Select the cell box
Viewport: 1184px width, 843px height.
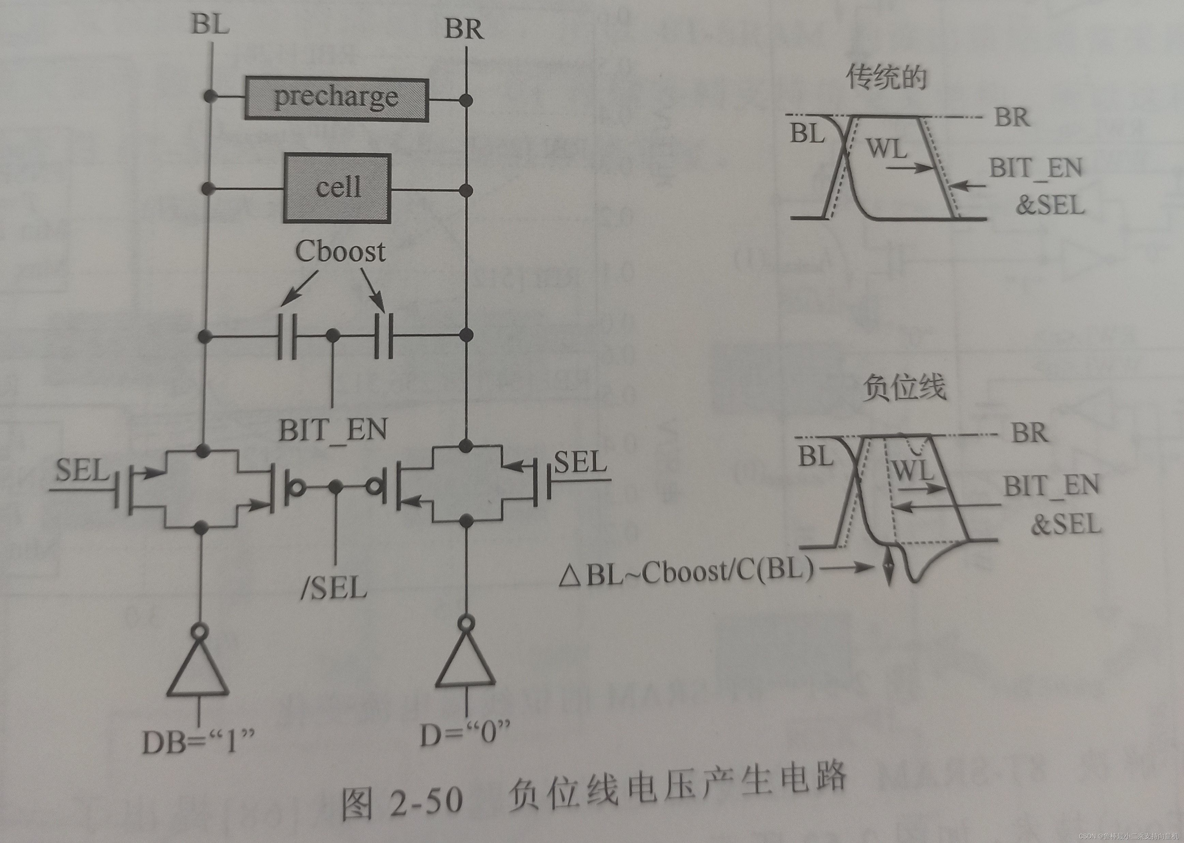point(337,188)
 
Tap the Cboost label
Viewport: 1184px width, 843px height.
point(340,252)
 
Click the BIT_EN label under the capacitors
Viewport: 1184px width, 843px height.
point(332,430)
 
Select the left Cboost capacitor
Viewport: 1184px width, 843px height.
point(287,336)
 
